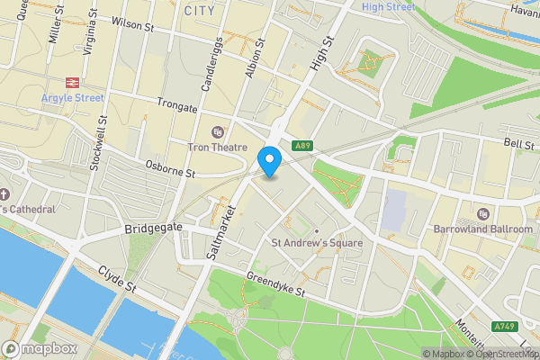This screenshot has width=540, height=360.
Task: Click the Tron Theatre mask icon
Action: pos(216,131)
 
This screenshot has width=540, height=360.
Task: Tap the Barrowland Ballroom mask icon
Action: pos(483,214)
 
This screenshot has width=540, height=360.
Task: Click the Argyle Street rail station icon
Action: pos(72,81)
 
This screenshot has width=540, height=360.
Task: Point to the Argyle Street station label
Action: pos(72,97)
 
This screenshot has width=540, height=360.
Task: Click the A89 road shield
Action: pos(302,144)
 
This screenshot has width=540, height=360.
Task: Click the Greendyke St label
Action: pos(277,287)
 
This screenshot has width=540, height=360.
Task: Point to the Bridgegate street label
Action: pos(154,229)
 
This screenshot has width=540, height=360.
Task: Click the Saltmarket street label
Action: pos(220,233)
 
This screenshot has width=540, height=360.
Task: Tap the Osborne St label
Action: pos(170,168)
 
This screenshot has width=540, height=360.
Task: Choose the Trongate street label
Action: pos(176,106)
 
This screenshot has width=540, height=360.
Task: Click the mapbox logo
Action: pos(40,348)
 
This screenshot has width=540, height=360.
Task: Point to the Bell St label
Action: pos(519,144)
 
